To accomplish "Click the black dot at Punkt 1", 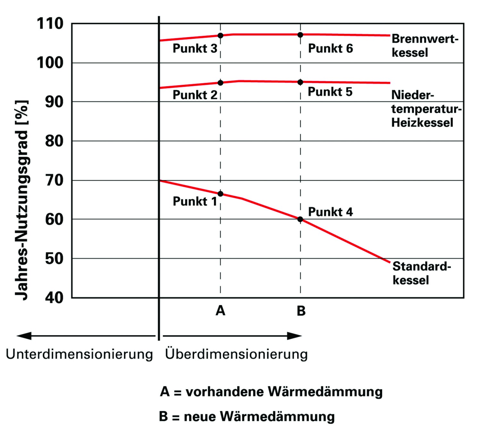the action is pos(220,194).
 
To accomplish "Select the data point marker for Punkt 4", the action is pos(300,219).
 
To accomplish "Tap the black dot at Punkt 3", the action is pos(220,36).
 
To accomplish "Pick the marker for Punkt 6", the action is pos(300,35).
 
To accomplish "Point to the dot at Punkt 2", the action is pos(220,83).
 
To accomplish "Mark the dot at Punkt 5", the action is pos(300,82).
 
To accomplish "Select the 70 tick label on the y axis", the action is pos(54,180).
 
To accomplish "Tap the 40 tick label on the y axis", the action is pos(54,298).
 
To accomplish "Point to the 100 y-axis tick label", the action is pos(50,63).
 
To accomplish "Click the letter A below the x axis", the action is pos(220,311).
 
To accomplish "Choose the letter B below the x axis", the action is pos(301,311).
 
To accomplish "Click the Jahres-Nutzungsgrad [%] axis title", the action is pos(22,200).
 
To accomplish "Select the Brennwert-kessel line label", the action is pos(425,46).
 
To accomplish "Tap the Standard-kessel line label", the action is pos(422,273).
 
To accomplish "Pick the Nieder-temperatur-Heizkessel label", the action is pos(426,109).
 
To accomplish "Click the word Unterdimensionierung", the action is pos(80,355).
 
